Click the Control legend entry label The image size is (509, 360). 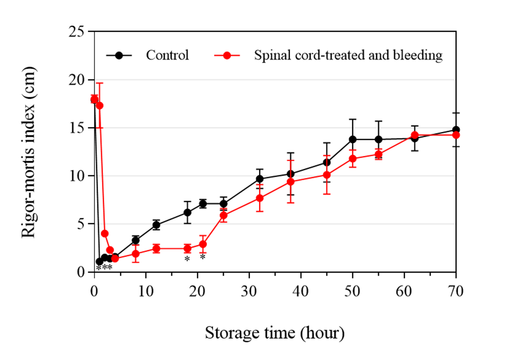pos(167,55)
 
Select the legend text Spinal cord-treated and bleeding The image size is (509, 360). pos(348,55)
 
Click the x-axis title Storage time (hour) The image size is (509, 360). pos(275,332)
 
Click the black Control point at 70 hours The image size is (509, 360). pos(456,130)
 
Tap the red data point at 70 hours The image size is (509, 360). pos(456,135)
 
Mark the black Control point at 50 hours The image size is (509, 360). pos(353,139)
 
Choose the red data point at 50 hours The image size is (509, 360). pos(353,158)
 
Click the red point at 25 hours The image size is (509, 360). pos(224,215)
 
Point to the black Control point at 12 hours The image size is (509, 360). pos(156,225)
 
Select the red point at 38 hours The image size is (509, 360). pos(291,182)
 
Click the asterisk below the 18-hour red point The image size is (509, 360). pos(187,259)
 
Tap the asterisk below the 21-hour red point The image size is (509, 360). pos(203,257)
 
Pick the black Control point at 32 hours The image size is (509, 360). pos(260,179)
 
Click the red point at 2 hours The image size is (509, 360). pos(105,233)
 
